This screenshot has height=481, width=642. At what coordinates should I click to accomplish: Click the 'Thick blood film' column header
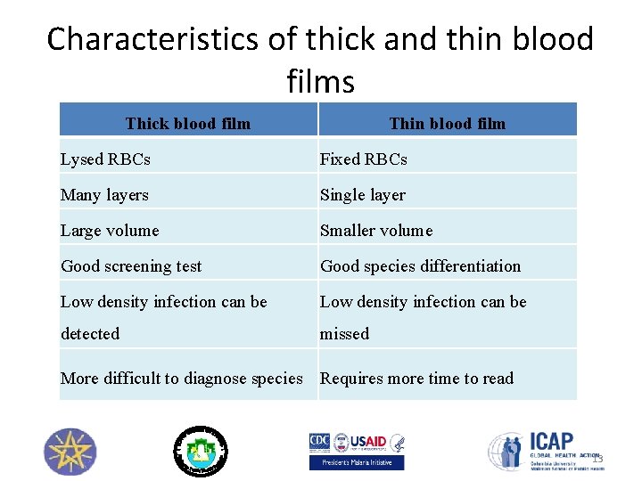click(188, 123)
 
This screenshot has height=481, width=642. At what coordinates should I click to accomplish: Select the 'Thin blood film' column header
click(447, 123)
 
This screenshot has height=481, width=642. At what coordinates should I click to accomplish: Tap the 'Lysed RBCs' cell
click(105, 159)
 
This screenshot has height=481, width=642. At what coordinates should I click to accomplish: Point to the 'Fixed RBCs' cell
click(364, 159)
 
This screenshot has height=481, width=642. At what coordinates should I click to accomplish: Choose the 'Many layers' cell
click(104, 195)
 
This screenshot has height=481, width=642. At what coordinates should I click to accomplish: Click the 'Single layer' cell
click(363, 195)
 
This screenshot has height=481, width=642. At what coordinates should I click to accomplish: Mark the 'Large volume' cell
click(110, 231)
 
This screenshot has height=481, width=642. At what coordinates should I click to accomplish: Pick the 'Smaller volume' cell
click(376, 231)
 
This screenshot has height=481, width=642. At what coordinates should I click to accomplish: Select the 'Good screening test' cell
click(131, 266)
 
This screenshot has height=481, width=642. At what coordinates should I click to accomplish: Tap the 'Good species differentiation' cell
click(420, 266)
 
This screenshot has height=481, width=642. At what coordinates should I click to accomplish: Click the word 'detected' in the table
click(90, 334)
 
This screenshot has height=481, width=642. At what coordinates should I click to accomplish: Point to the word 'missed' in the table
click(344, 334)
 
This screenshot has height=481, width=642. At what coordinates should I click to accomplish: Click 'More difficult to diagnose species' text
click(182, 379)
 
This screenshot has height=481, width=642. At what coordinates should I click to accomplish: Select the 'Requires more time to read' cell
click(416, 379)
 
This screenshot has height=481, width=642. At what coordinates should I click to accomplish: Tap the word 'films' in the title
click(321, 82)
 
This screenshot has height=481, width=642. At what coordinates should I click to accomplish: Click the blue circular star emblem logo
click(70, 452)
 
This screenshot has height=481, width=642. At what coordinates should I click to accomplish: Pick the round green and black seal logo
click(200, 451)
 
